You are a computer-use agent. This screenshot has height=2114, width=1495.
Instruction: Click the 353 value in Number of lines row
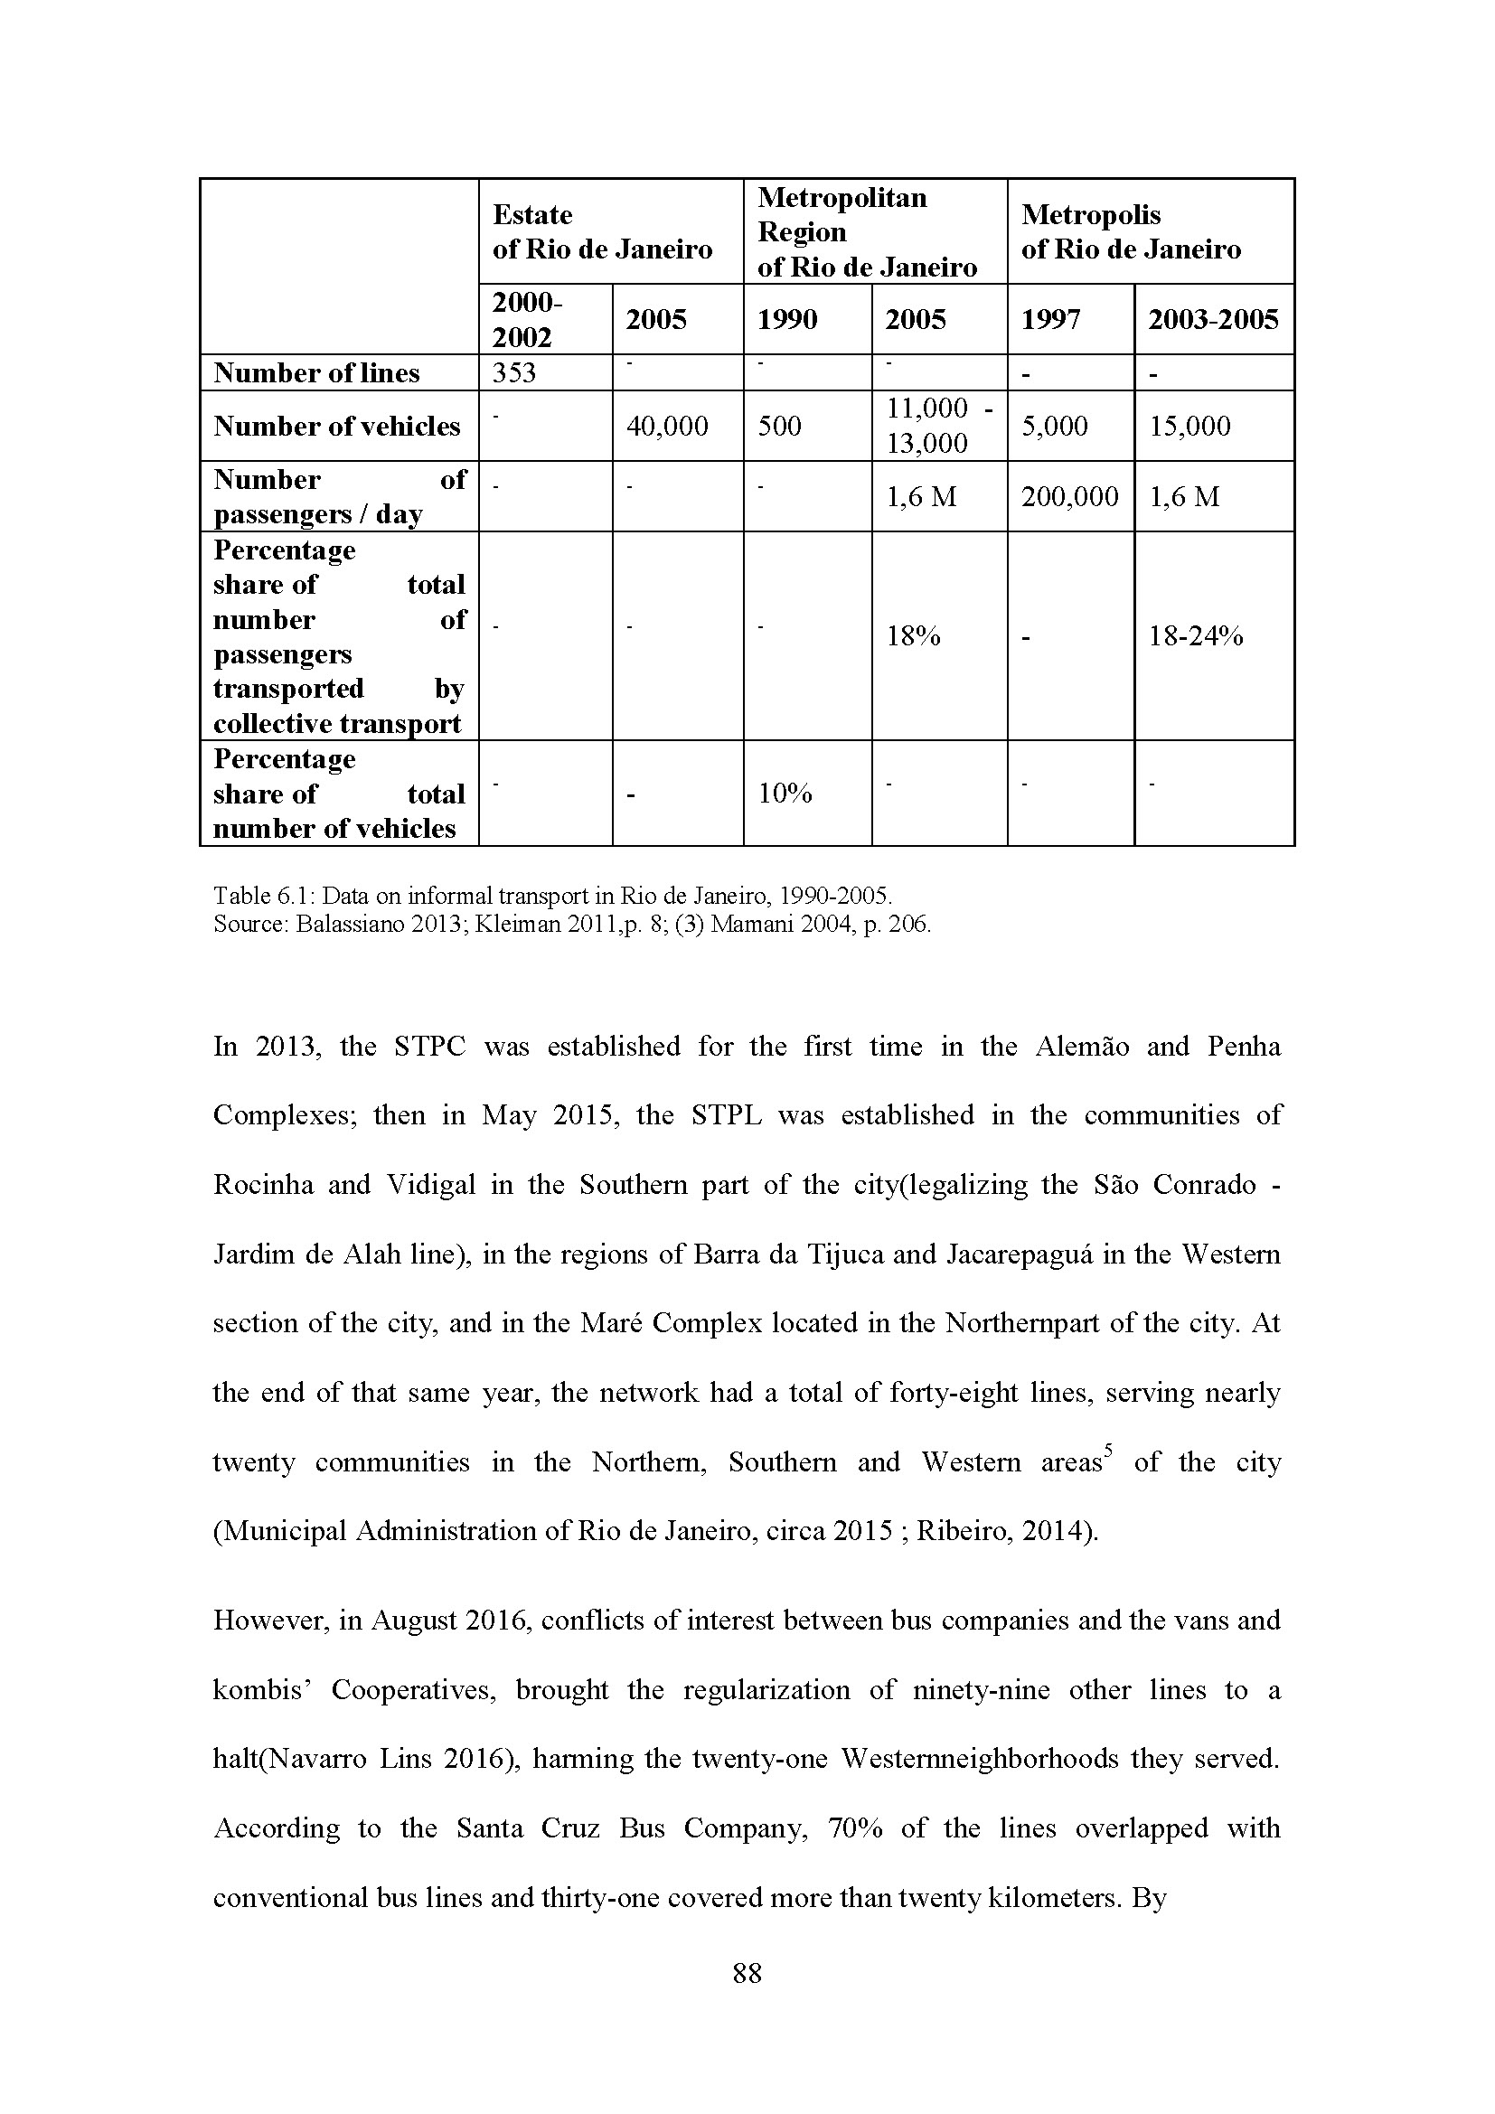[513, 373]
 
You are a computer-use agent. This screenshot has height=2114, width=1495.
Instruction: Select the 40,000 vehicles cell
[666, 426]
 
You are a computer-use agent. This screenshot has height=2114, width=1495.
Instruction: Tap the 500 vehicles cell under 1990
[779, 426]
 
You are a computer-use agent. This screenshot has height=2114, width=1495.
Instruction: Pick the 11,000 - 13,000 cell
[939, 426]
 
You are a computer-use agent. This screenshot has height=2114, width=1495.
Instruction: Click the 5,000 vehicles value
[1054, 426]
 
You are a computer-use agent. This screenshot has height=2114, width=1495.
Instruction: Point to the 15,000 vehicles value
[1189, 426]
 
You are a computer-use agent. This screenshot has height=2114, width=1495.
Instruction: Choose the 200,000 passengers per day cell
[1069, 496]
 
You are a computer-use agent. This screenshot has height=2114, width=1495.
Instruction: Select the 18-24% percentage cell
[1196, 635]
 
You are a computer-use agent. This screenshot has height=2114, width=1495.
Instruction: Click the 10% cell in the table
[785, 793]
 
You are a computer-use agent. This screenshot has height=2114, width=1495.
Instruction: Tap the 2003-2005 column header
[1213, 319]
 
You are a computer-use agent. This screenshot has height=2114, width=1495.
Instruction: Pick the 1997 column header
[1049, 319]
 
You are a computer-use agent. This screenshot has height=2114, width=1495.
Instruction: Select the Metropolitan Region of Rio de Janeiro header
[866, 232]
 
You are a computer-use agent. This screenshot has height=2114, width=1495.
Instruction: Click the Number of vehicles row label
[337, 426]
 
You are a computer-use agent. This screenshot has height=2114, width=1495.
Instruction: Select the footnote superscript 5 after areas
[1108, 1453]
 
